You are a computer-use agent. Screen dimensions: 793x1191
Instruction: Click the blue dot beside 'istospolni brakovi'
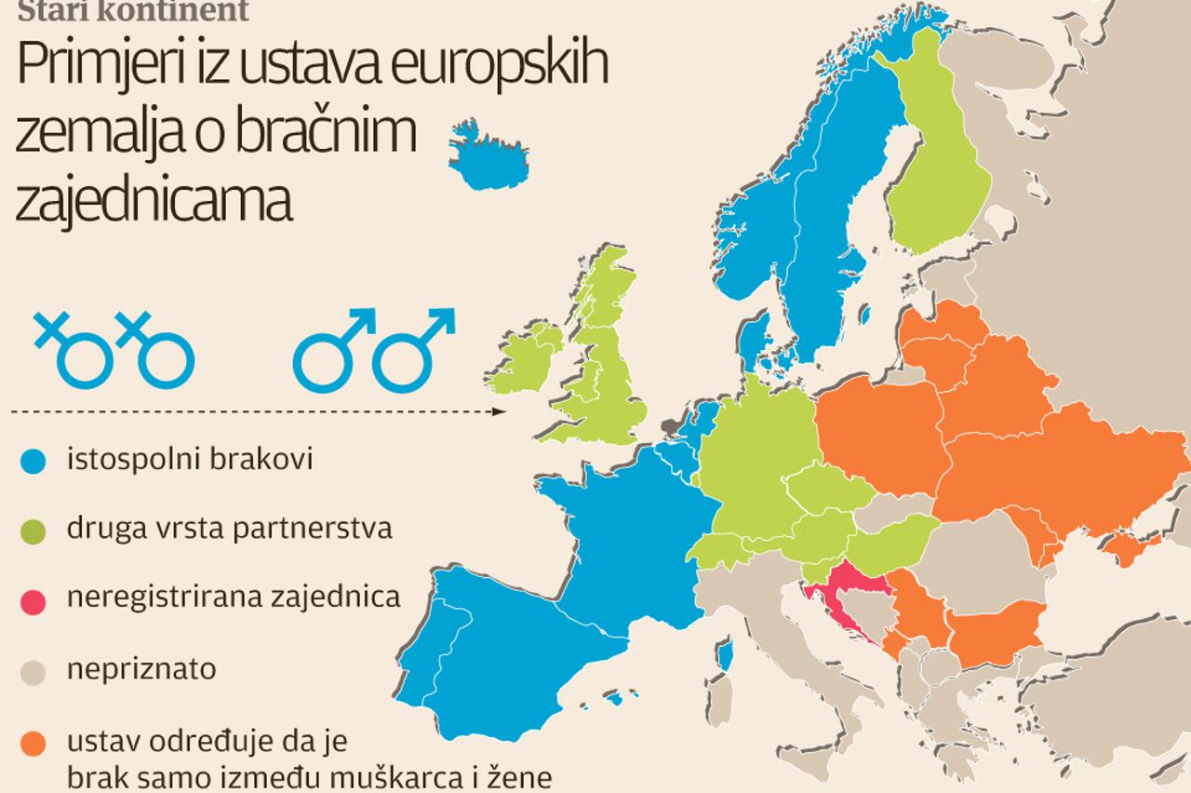[33, 460]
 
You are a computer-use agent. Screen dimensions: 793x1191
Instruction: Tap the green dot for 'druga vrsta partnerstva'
[33, 530]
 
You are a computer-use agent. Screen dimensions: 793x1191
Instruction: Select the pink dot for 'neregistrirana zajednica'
[33, 600]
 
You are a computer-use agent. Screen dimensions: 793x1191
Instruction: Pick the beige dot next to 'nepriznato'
[33, 670]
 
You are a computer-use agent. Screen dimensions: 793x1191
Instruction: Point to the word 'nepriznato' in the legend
[141, 669]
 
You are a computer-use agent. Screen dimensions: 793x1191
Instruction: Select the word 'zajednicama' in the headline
[154, 201]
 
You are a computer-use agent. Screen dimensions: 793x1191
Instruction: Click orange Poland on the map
[879, 433]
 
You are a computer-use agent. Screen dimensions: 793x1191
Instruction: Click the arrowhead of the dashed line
[501, 411]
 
